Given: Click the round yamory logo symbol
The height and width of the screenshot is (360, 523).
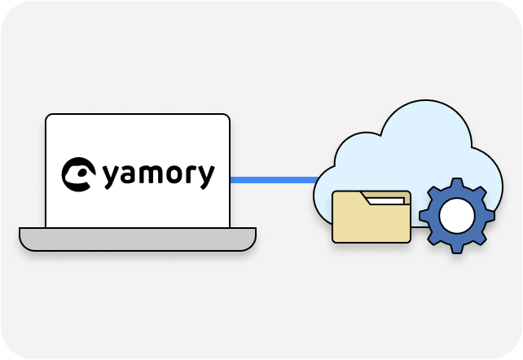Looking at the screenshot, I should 78,174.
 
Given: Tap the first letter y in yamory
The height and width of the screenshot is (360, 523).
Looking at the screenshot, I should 112,176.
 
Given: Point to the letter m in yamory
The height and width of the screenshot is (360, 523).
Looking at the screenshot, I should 152,174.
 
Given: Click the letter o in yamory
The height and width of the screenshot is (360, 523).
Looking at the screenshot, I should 175,174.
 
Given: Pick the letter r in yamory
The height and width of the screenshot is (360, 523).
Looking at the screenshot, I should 192,174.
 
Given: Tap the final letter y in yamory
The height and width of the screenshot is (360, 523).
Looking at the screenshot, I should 206,176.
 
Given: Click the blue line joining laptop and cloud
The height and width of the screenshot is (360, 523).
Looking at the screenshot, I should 273,179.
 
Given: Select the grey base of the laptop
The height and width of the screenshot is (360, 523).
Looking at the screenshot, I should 138,239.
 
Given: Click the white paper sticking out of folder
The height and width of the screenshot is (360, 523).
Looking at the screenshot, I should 386,200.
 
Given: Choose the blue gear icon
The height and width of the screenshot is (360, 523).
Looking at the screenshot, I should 457,215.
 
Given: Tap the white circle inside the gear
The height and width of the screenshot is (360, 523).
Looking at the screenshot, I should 457,215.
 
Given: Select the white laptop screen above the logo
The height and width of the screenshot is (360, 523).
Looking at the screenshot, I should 138,134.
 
